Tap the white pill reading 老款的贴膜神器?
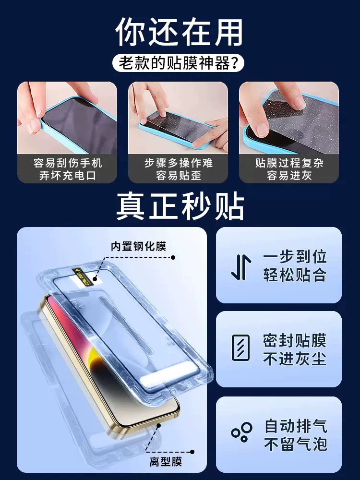pyautogui.click(x=179, y=63)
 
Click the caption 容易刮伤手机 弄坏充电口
pyautogui.click(x=67, y=168)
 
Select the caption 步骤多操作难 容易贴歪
pyautogui.click(x=179, y=168)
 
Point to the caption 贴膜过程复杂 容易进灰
pyautogui.click(x=289, y=168)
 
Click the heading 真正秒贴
pyautogui.click(x=180, y=205)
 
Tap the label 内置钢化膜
pyautogui.click(x=138, y=246)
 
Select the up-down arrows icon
pyautogui.click(x=241, y=267)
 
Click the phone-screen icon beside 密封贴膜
pyautogui.click(x=240, y=348)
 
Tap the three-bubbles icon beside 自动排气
pyautogui.click(x=241, y=432)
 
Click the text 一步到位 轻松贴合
pyautogui.click(x=295, y=265)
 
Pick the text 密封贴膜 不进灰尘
pyautogui.click(x=295, y=349)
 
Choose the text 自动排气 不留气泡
pyautogui.click(x=296, y=435)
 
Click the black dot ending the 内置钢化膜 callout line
pyautogui.click(x=173, y=257)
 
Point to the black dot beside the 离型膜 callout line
pyautogui.click(x=192, y=452)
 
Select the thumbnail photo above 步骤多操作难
pyautogui.click(x=178, y=118)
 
